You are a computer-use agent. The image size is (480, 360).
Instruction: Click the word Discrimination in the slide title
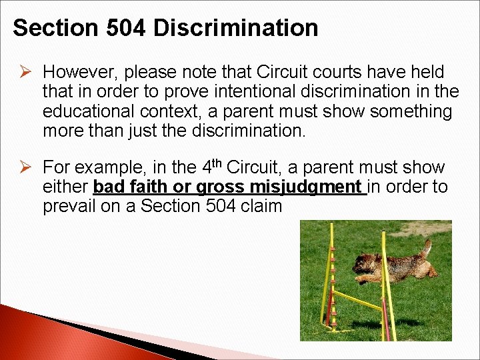pyautogui.click(x=236, y=28)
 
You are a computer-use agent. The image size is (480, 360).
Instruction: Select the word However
pyautogui.click(x=79, y=71)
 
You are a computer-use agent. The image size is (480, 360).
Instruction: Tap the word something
pyautogui.click(x=410, y=111)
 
